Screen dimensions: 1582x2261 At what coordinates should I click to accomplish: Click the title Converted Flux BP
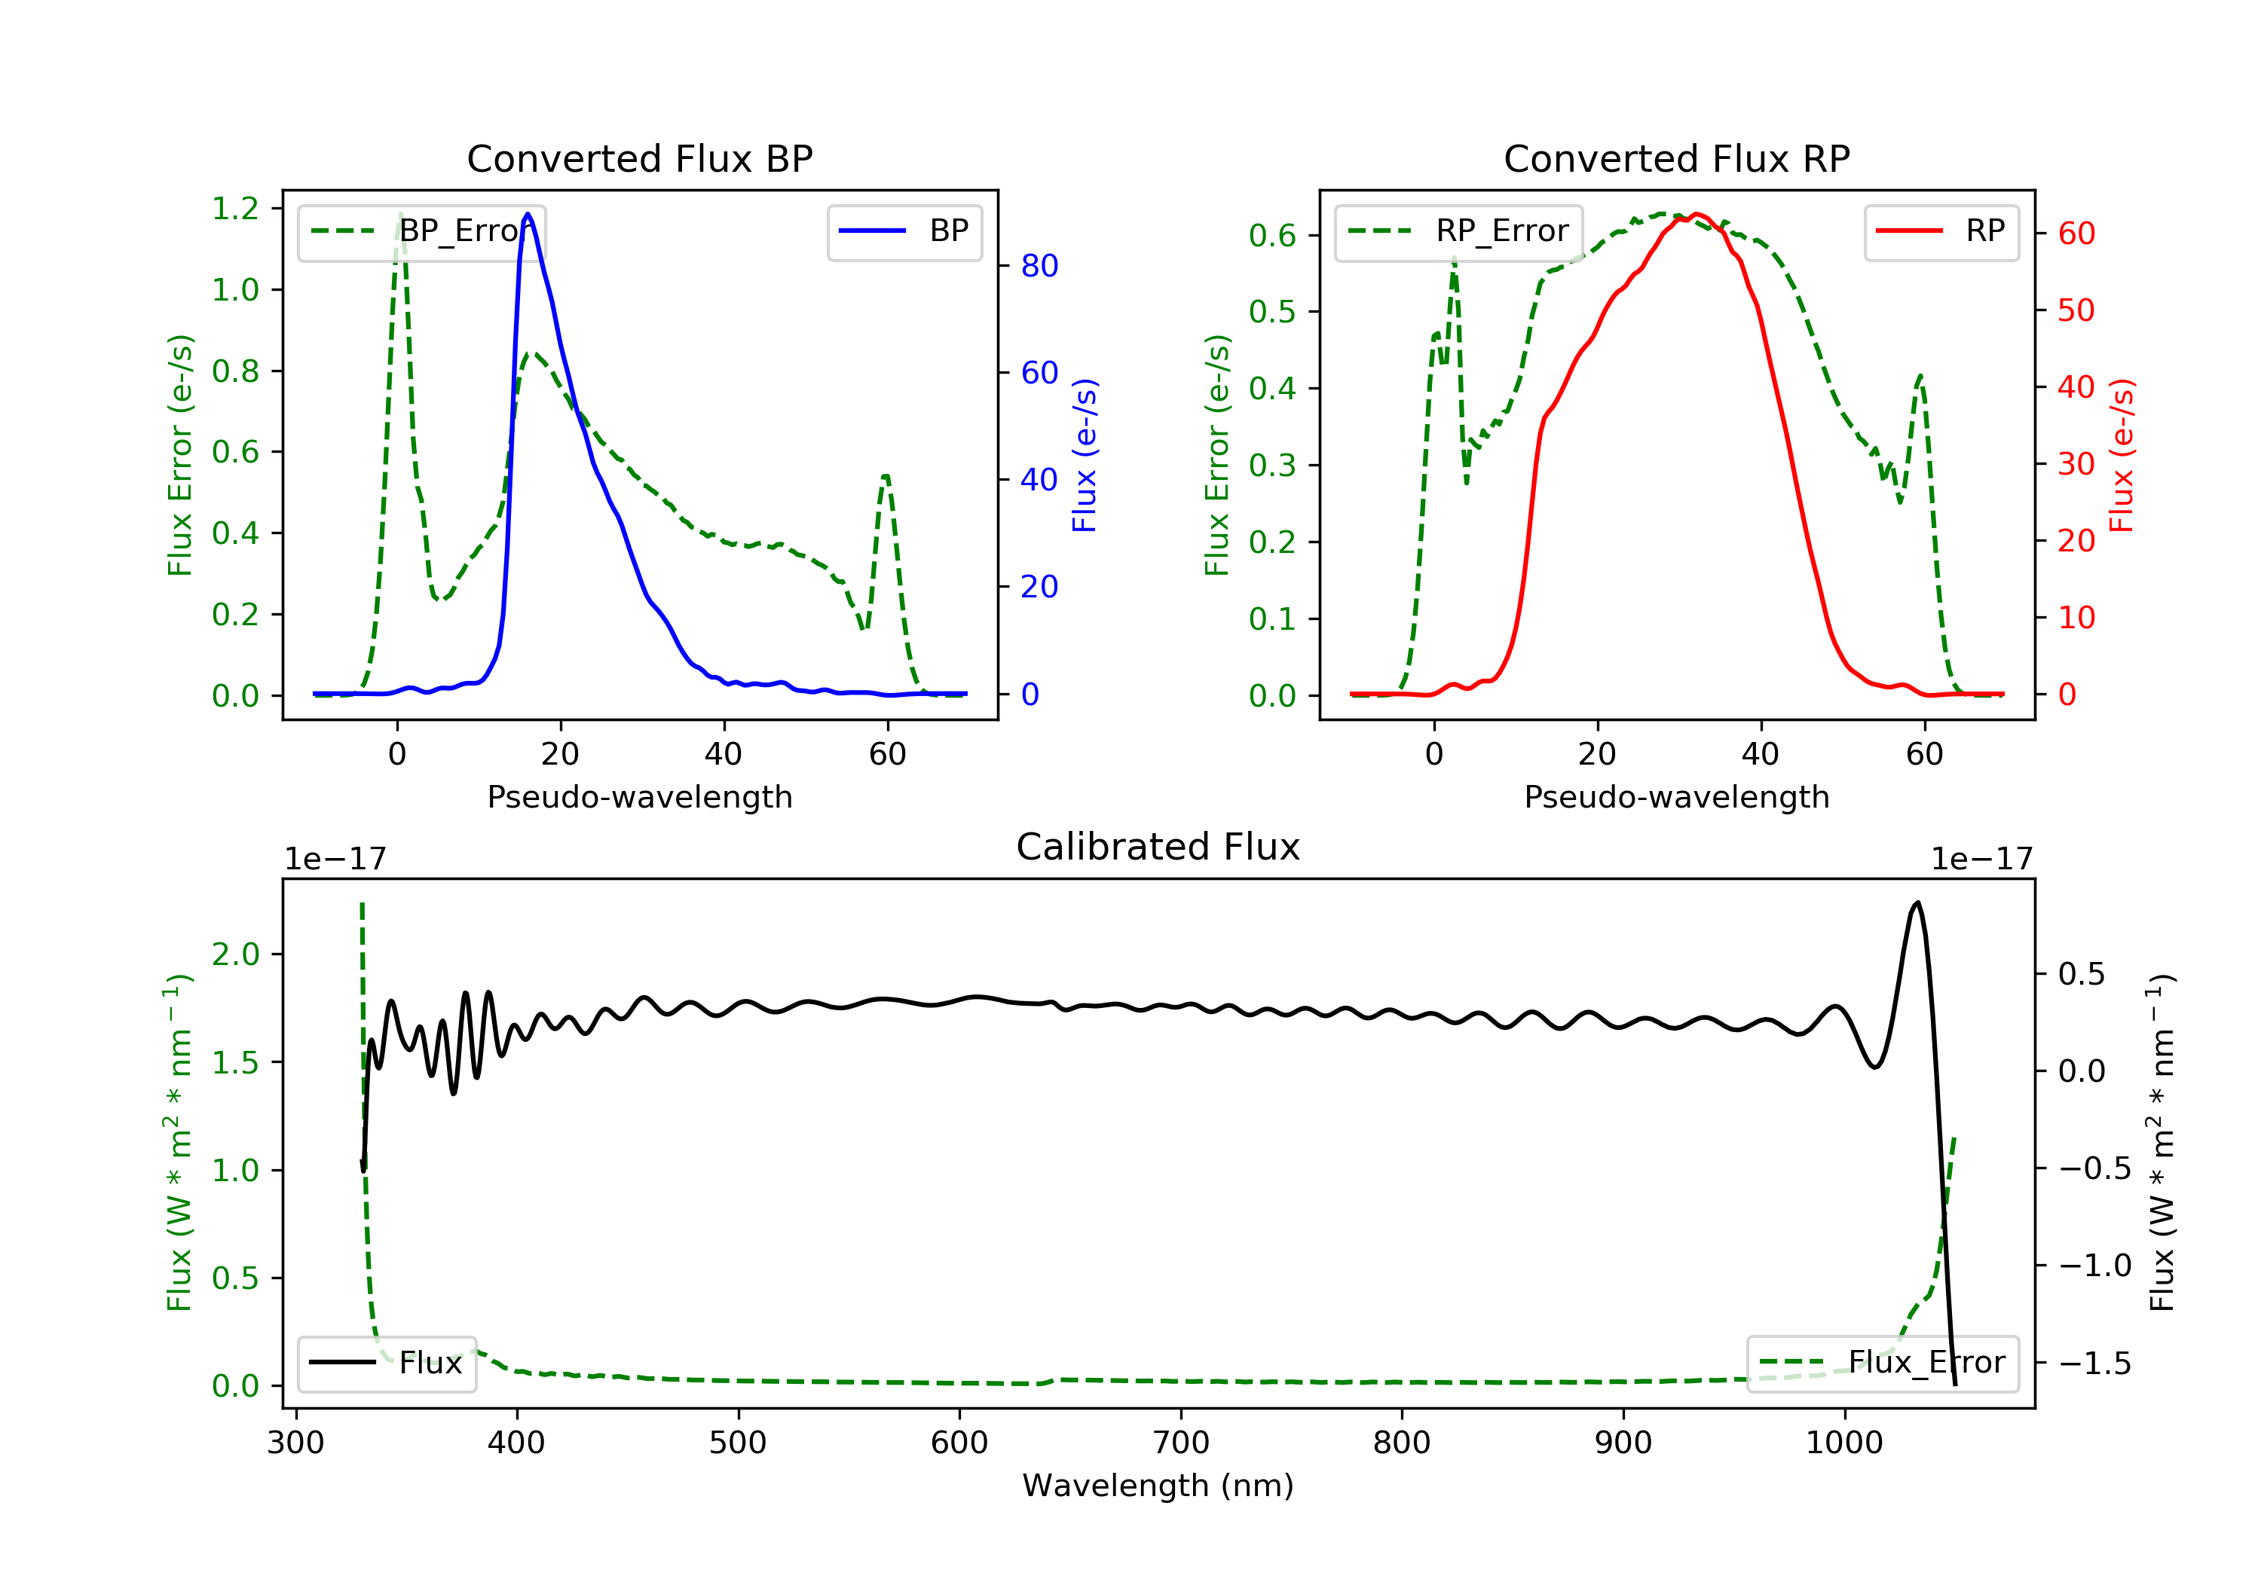pos(639,158)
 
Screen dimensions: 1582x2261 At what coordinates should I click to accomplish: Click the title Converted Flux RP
pos(1676,158)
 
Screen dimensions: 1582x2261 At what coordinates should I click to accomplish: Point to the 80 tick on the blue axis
pos(1039,266)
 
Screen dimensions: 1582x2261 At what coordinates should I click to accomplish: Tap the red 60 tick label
pos(2076,234)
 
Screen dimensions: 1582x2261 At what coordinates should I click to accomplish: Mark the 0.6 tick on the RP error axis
pos(1272,235)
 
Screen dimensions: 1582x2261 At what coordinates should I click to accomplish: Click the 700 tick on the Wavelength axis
pos(1181,1443)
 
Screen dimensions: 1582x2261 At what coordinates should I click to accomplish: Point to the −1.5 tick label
pos(2094,1364)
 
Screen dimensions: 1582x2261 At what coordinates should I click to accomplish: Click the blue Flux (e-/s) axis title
pos(1085,455)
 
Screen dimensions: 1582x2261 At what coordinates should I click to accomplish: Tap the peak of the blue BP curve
pos(528,214)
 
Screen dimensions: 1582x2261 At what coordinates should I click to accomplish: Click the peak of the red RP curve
pos(1696,214)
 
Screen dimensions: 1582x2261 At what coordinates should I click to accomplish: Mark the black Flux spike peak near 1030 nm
pos(1917,902)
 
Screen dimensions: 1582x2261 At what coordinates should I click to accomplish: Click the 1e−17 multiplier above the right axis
pos(1981,860)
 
